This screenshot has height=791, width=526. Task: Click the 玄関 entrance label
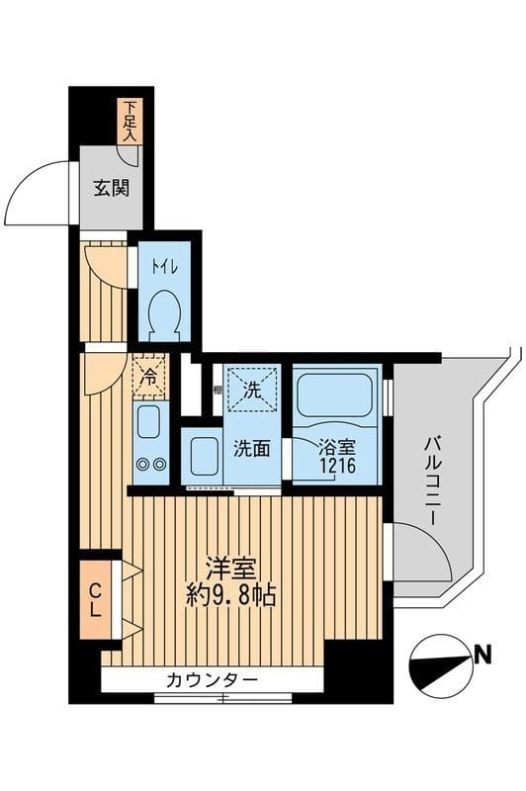[x=112, y=189]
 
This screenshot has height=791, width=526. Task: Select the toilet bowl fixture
[x=160, y=317]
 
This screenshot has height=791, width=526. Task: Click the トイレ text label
[x=159, y=265]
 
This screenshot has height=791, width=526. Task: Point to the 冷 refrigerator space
[x=148, y=377]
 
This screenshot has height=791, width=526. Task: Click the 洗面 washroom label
[x=251, y=448]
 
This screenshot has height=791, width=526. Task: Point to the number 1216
[x=334, y=466]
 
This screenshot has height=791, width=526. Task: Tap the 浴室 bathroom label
[x=334, y=448]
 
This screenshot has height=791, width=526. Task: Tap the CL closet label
[x=95, y=601]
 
